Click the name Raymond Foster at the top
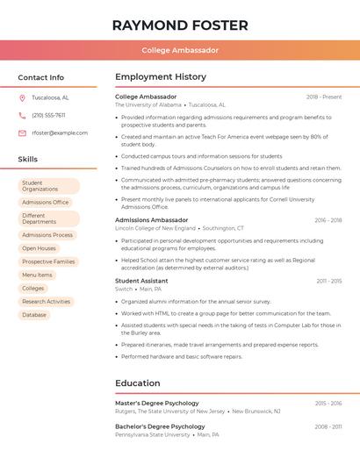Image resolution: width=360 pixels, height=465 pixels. [180, 25]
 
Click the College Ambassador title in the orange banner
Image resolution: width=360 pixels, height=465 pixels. [180, 50]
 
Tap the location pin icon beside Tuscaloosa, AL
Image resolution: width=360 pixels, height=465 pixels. [22, 97]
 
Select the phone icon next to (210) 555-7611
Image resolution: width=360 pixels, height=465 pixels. [22, 115]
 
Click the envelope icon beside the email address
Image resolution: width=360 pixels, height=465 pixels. [22, 132]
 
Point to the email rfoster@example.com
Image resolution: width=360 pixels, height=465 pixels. [60, 132]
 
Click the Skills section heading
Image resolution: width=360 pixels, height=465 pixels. [28, 160]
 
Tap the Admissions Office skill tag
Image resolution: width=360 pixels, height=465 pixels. [46, 202]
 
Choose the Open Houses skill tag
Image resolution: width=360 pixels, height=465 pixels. [40, 248]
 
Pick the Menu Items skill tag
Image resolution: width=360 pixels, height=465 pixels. [38, 275]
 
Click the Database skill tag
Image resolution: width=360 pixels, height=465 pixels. [34, 314]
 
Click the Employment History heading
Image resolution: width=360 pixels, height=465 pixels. [161, 77]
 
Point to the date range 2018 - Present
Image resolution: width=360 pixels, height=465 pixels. [324, 97]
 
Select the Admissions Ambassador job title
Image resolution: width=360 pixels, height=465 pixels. [151, 220]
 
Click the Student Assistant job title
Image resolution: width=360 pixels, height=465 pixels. [141, 281]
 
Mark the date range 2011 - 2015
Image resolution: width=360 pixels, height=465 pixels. [329, 281]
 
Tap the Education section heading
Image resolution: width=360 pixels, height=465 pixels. [138, 383]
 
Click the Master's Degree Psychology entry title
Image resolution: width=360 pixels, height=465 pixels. [157, 403]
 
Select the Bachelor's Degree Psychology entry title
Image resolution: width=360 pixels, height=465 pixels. [158, 426]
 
